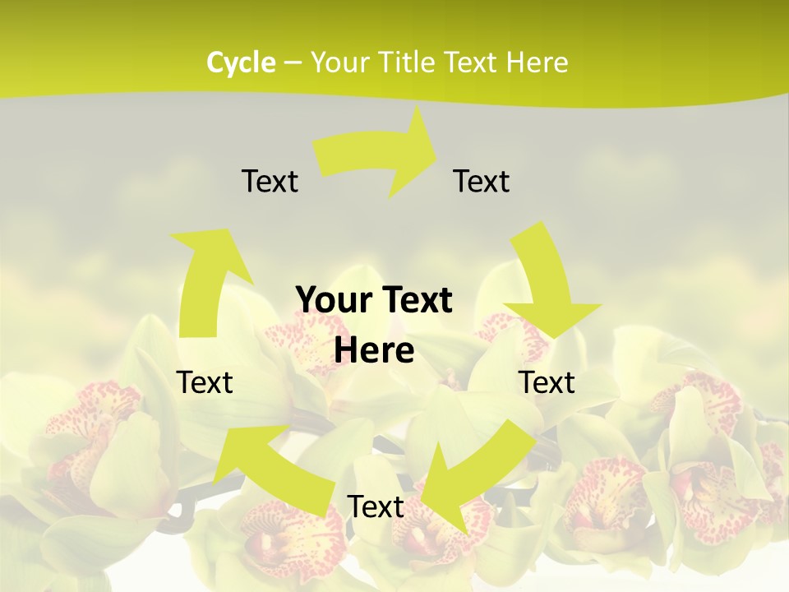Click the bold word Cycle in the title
coord(241,62)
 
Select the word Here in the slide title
coord(536,62)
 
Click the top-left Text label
coord(270,181)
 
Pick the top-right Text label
coord(482,181)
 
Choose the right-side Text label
coord(547,382)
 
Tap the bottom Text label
coord(376,506)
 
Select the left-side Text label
coord(205,382)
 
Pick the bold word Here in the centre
coord(374,350)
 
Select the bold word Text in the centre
coord(414,301)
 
